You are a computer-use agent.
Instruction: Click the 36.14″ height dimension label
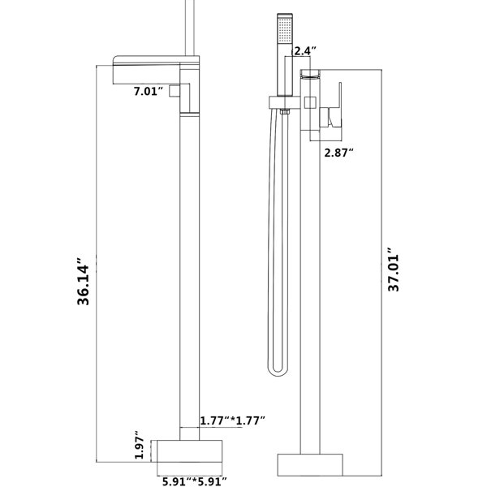coord(84,282)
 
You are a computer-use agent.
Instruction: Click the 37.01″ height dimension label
coord(394,269)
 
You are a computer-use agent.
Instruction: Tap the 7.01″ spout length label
coord(149,91)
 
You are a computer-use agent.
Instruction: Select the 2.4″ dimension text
coord(304,51)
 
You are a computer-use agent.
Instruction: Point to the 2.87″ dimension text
coord(338,153)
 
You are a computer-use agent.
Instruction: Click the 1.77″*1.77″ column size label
coord(232,420)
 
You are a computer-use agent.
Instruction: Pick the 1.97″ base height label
coord(140,445)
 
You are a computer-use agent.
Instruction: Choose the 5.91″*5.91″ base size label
coord(195,481)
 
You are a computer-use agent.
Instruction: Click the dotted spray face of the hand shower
coord(285,30)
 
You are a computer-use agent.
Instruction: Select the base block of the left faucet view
coord(189,451)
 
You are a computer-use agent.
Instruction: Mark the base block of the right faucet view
coord(310,464)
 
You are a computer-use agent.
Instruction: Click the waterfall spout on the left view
coord(147,70)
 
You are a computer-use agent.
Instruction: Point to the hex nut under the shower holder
coord(285,112)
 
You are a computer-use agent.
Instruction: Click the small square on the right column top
coord(310,102)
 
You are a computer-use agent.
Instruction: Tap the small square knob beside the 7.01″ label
coord(175,91)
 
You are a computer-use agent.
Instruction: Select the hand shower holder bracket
coord(285,102)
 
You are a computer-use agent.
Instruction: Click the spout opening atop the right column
coord(310,75)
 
